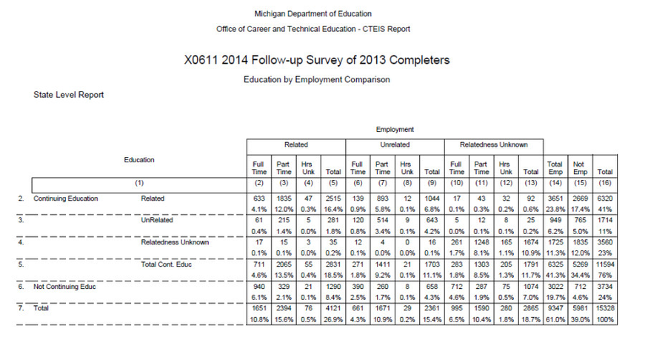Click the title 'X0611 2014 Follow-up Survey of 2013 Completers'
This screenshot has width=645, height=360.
(316, 59)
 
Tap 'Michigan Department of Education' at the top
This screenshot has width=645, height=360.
(313, 14)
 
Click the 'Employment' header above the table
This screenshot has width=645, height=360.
(395, 130)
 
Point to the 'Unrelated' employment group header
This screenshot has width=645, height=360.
(395, 144)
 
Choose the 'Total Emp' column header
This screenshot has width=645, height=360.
(555, 167)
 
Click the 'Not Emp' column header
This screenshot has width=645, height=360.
(579, 167)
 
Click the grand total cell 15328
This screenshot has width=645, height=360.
(604, 308)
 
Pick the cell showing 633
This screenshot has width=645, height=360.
(258, 199)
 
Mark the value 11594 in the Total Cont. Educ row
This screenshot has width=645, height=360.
(604, 264)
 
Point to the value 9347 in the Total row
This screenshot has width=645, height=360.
(555, 308)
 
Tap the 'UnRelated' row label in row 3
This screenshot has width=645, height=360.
(156, 221)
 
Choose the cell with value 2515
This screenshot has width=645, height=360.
(332, 199)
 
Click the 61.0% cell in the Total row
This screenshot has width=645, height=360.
(555, 319)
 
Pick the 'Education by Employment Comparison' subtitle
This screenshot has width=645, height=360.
(316, 79)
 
